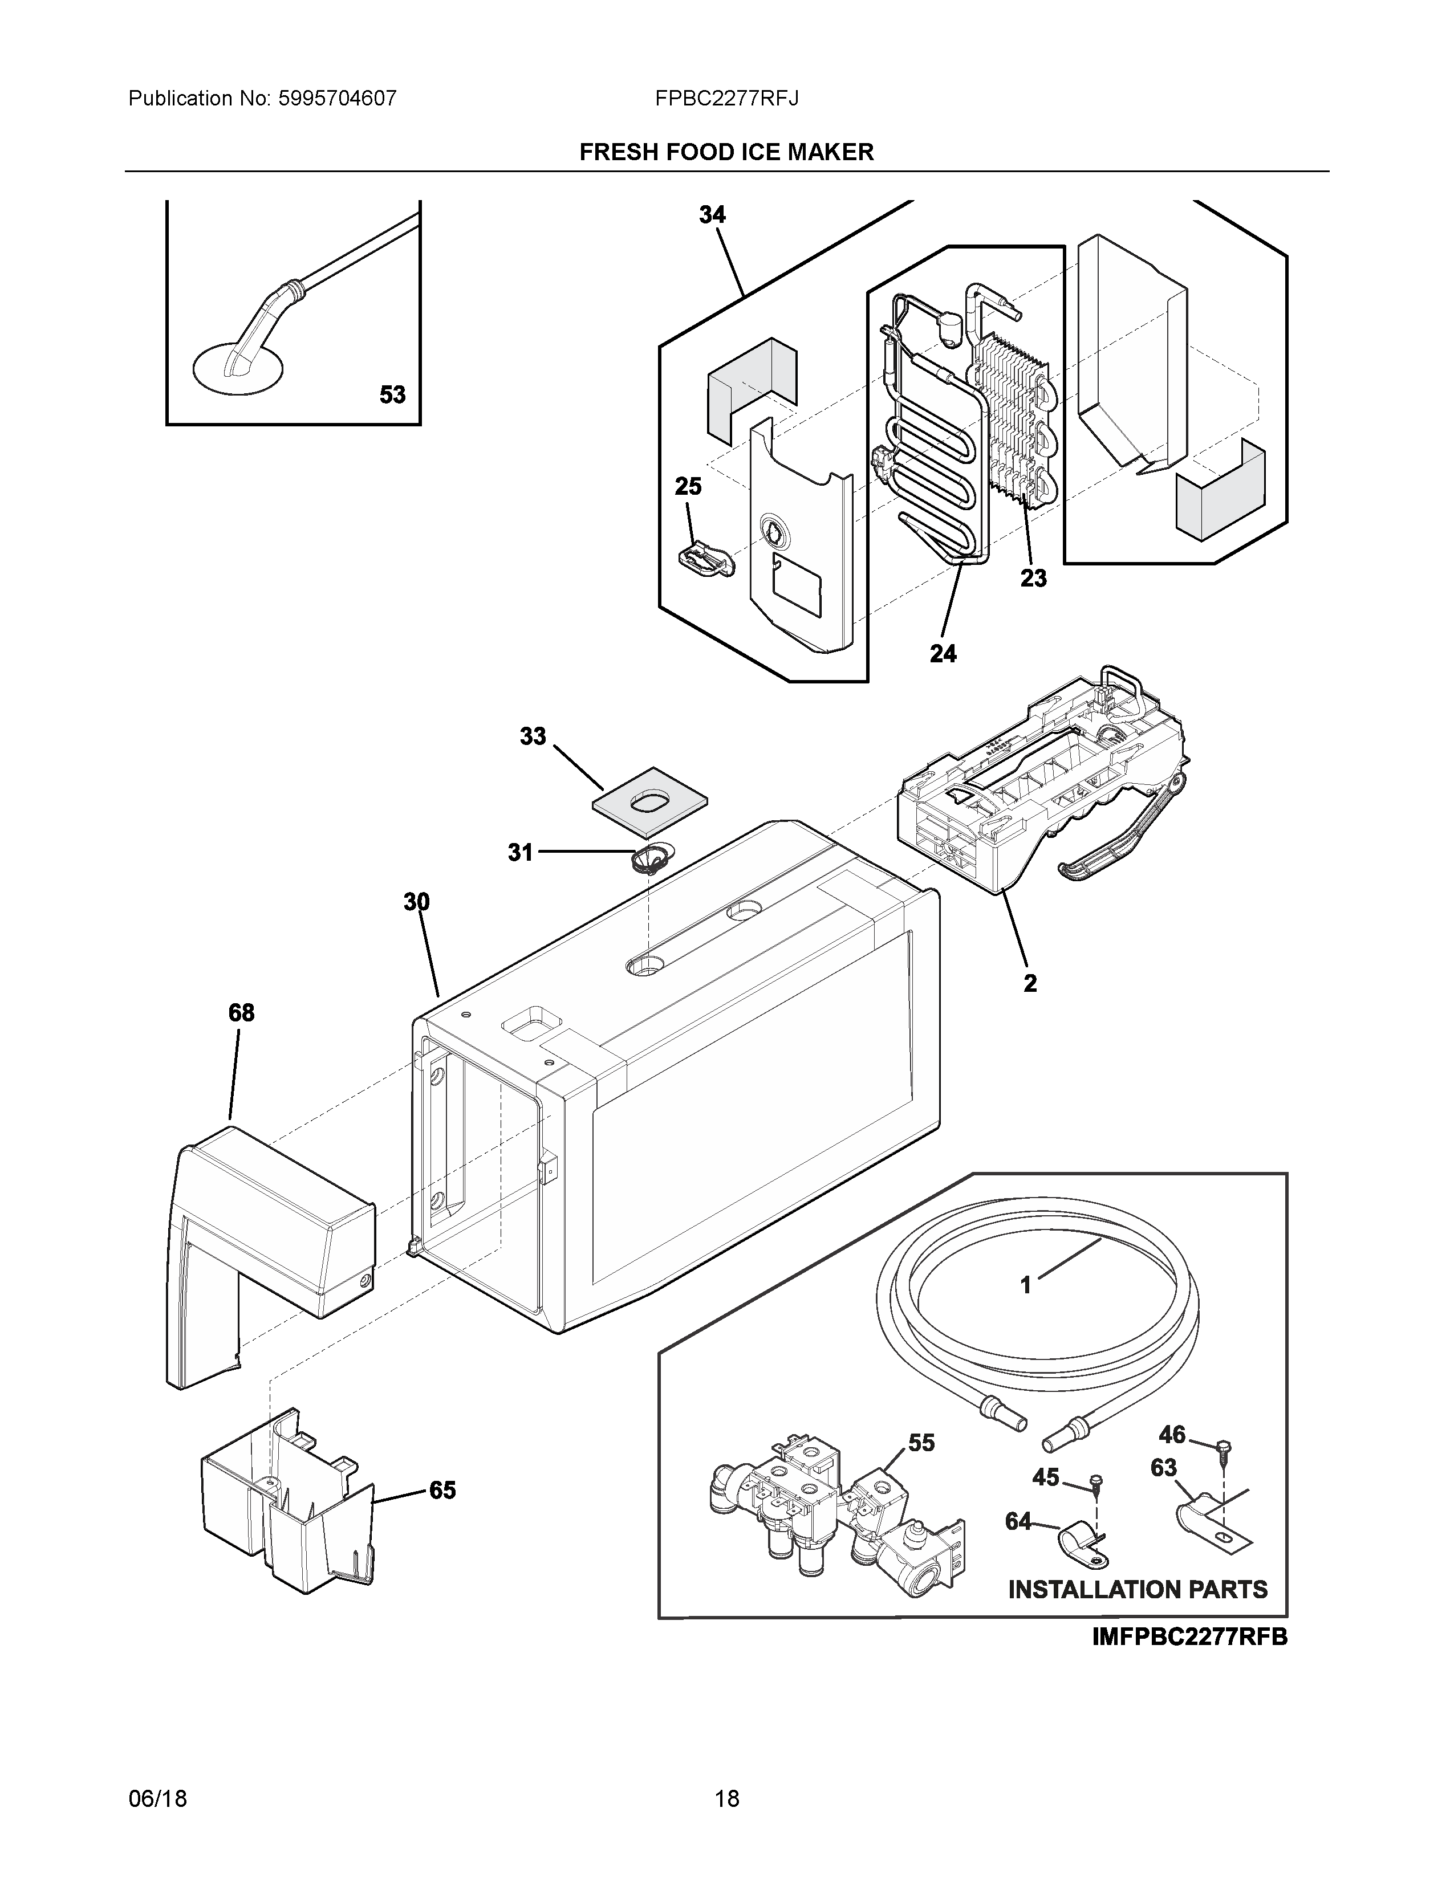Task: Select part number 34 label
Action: point(712,215)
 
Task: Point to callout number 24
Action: point(943,654)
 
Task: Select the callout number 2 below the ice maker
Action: point(1029,983)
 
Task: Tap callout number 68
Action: point(241,1013)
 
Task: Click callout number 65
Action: point(442,1490)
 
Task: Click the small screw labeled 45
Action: point(1095,1482)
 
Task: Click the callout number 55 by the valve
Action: point(921,1443)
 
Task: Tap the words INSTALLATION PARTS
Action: point(1137,1589)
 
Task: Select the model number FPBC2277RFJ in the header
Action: point(726,99)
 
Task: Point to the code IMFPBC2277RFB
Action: point(1189,1636)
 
